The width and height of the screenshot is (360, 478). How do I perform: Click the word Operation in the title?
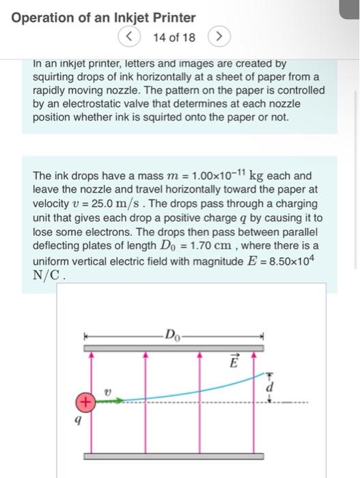tap(42, 17)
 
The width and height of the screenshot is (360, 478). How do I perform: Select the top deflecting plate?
tap(174, 348)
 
